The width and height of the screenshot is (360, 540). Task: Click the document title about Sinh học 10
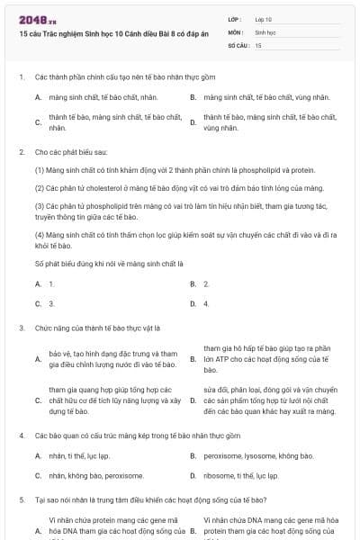tap(98, 31)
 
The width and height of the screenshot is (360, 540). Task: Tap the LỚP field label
tap(236, 19)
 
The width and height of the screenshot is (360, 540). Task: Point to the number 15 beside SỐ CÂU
tap(258, 44)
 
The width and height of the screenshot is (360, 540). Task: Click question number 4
tap(21, 436)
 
